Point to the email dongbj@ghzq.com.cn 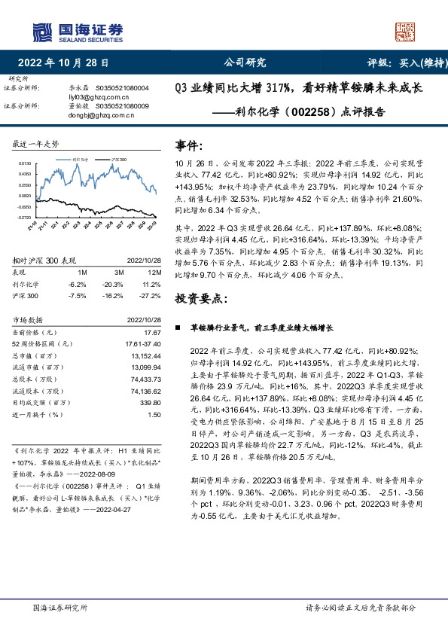coord(95,115)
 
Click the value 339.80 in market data coord(151,403)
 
